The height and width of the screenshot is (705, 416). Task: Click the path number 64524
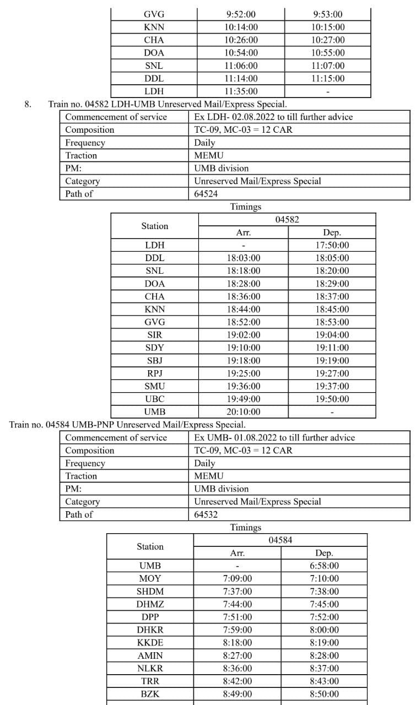pos(207,194)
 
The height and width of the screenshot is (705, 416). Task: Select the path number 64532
pos(207,514)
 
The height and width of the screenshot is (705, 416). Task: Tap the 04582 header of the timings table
pos(287,220)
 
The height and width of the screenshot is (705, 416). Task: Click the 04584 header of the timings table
pos(280,540)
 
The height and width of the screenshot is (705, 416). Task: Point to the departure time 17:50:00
pos(332,245)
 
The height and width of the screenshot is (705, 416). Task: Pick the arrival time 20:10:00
pos(243,411)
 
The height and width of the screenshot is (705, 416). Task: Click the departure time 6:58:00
pos(325,566)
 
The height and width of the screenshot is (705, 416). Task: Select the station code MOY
pos(150,578)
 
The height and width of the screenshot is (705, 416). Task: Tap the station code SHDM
pos(150,591)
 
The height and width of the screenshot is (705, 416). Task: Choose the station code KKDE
pos(150,642)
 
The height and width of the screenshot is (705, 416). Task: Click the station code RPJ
pos(155,373)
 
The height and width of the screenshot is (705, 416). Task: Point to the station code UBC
pos(155,399)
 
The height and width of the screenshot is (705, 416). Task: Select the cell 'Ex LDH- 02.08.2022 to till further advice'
pos(273,117)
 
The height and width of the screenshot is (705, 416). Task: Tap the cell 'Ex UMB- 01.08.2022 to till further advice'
pos(274,437)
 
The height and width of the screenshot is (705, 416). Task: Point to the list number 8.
pos(28,104)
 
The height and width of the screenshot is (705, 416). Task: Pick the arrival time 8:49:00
pos(237,694)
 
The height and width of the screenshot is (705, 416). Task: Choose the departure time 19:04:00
pos(332,335)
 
